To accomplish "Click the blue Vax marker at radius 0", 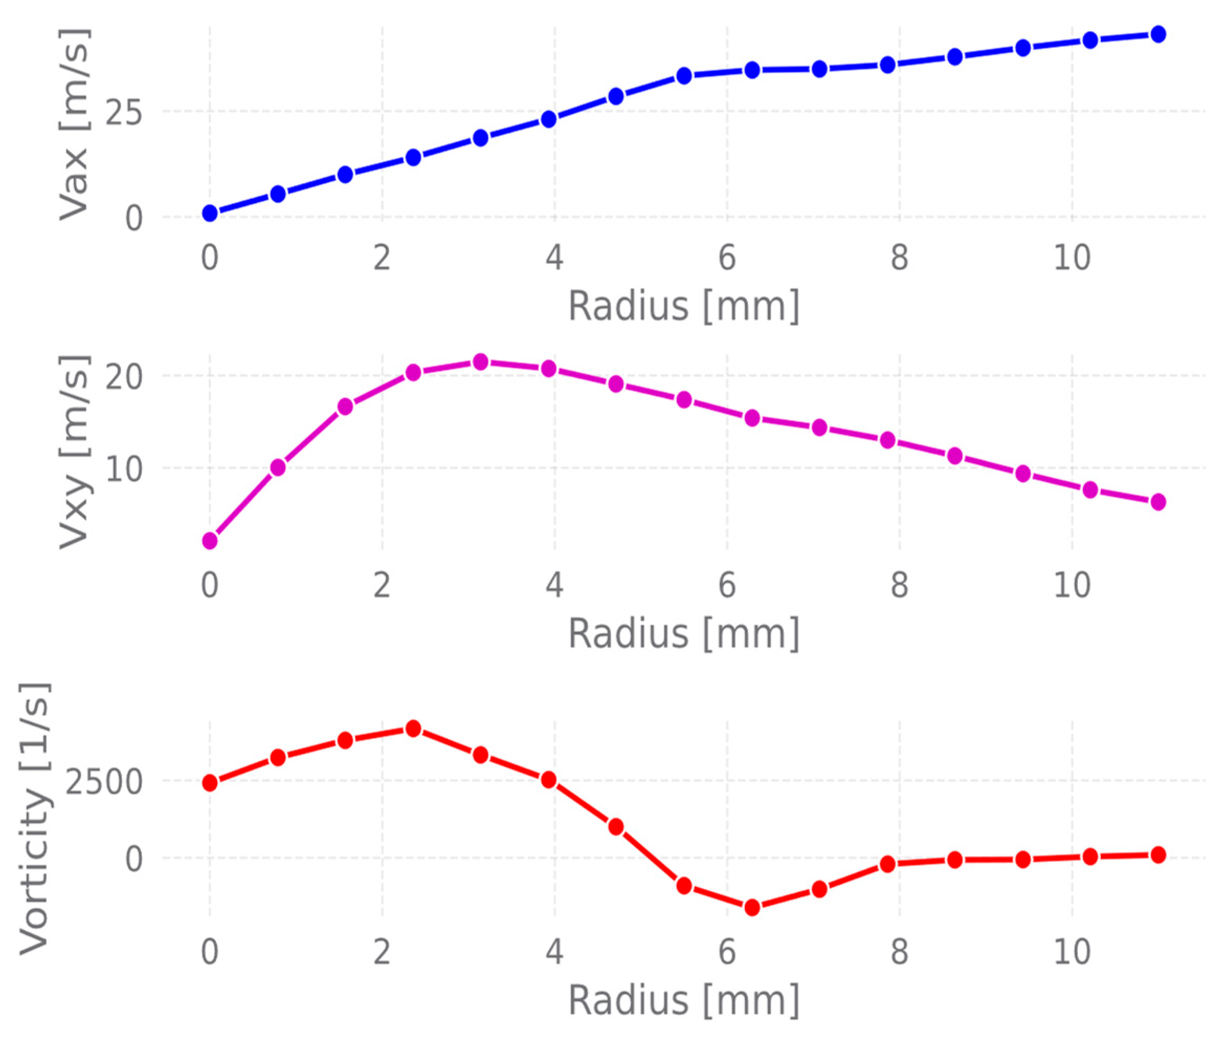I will [210, 213].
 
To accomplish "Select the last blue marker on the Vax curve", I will [1159, 34].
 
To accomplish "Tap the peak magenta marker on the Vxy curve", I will [480, 361].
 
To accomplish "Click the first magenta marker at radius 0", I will [210, 540].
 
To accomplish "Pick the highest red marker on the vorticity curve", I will [413, 728].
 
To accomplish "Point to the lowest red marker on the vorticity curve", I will [751, 907].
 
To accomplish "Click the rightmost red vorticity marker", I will [1159, 855].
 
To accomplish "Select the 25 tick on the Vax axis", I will [123, 112].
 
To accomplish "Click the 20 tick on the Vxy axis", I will [123, 376].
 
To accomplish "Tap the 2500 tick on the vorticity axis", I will [103, 783].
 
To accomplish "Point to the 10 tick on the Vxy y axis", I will [123, 469].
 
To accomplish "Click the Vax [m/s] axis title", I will [75, 124].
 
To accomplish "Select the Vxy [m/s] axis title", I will [75, 452].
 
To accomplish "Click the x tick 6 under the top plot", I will [727, 258].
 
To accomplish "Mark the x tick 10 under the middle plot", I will [1072, 585].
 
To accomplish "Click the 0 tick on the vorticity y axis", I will [134, 859].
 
